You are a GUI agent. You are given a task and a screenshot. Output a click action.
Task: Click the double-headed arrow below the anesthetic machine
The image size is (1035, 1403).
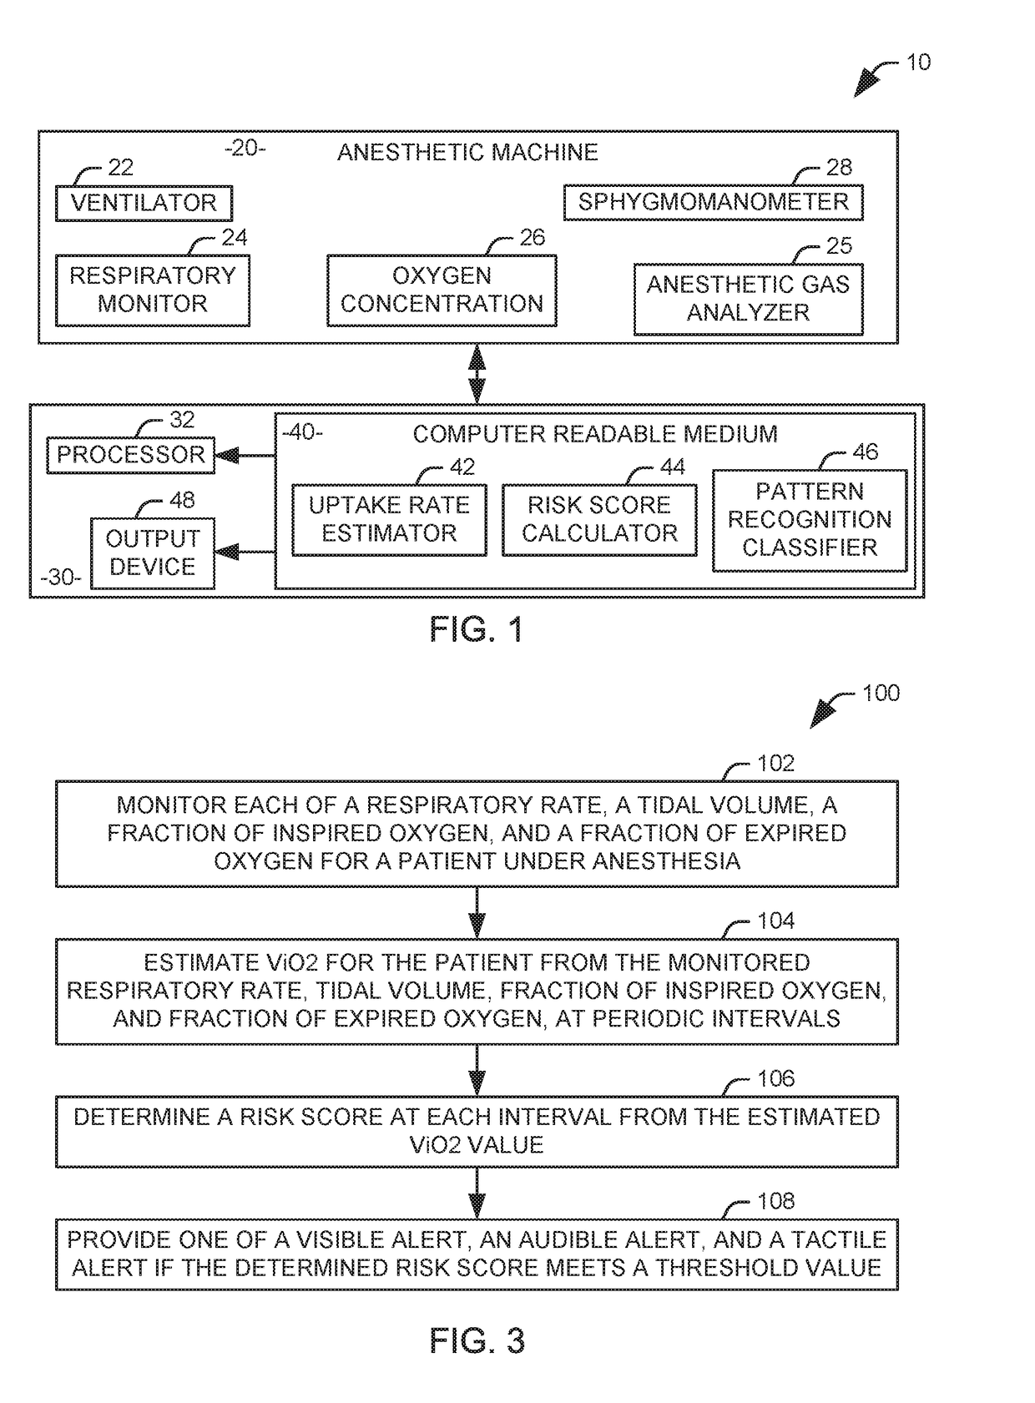(x=477, y=374)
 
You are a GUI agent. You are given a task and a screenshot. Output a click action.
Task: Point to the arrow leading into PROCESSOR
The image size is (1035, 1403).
(x=245, y=456)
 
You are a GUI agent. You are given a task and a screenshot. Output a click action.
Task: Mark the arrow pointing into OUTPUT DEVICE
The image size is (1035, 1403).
(x=245, y=552)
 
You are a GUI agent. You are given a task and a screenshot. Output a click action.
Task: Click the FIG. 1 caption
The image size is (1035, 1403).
(x=476, y=628)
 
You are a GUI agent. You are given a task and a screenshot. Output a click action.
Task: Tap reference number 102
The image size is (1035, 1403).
(x=775, y=763)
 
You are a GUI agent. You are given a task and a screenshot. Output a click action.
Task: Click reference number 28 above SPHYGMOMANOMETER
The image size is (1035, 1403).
(x=839, y=167)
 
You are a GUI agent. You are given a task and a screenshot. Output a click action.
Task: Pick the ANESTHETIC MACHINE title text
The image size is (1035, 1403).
(x=467, y=152)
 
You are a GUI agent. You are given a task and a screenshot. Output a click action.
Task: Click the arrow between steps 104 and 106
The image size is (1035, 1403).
(x=477, y=1070)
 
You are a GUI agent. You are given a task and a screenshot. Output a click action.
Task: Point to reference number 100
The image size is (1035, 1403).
(x=881, y=693)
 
